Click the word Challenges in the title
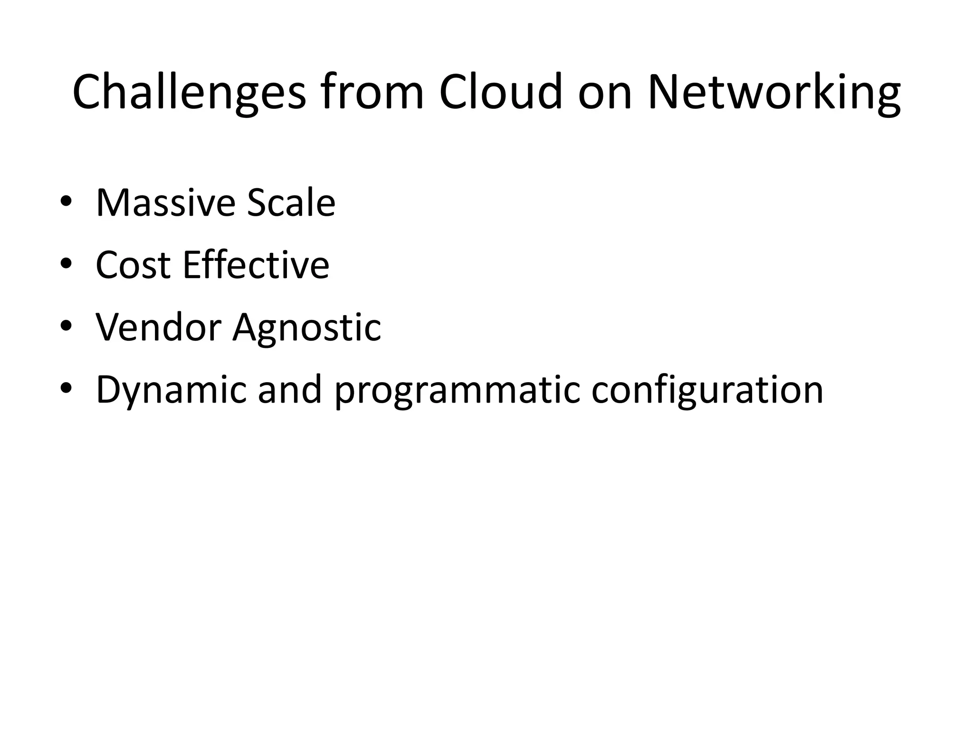coord(189,93)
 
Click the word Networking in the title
coord(774,93)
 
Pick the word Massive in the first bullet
coord(165,203)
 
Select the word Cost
coord(133,265)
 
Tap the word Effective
coord(256,265)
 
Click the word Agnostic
coord(306,328)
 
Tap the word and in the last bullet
coord(290,390)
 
